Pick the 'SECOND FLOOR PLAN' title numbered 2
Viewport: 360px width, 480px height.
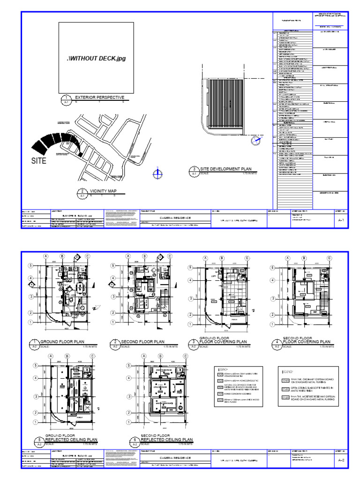pyautogui.click(x=142, y=342)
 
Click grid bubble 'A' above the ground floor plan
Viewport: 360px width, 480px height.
pyautogui.click(x=46, y=256)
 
